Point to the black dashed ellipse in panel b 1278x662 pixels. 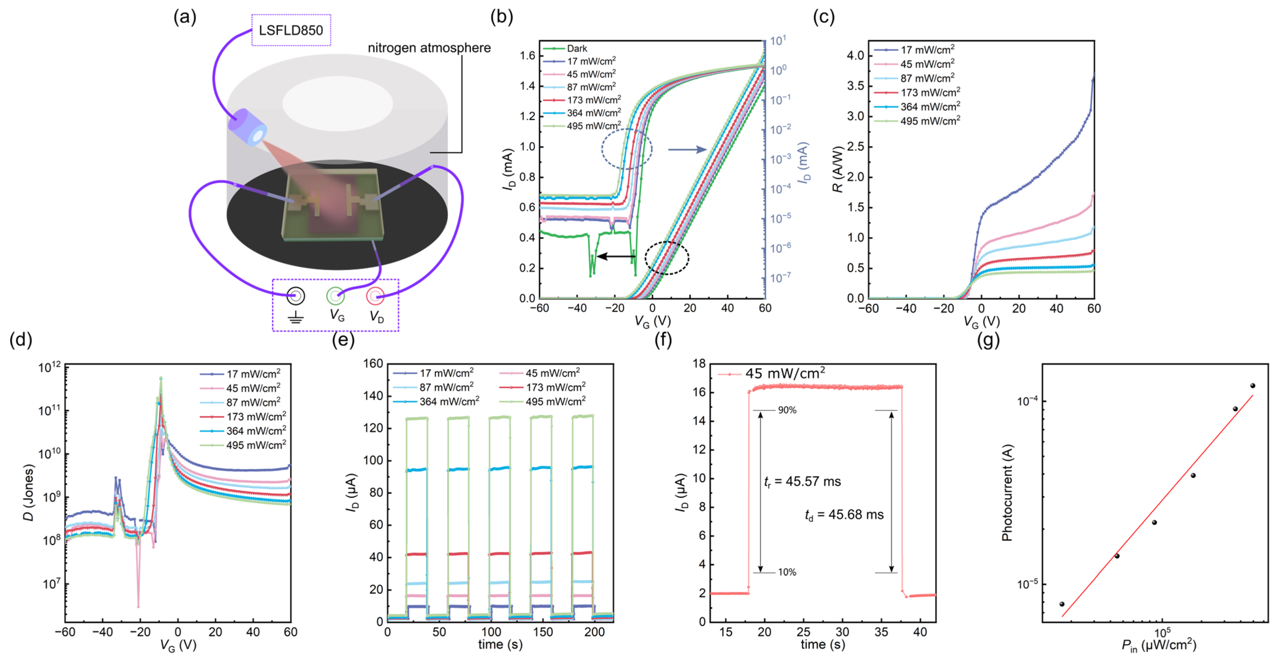[x=667, y=258]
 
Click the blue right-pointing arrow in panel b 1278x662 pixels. [x=687, y=149]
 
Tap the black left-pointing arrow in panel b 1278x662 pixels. [x=616, y=256]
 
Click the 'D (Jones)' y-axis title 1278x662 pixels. [x=28, y=492]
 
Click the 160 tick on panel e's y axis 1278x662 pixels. [x=373, y=364]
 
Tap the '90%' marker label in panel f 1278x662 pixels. [x=787, y=410]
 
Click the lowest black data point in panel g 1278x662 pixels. [x=1062, y=604]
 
